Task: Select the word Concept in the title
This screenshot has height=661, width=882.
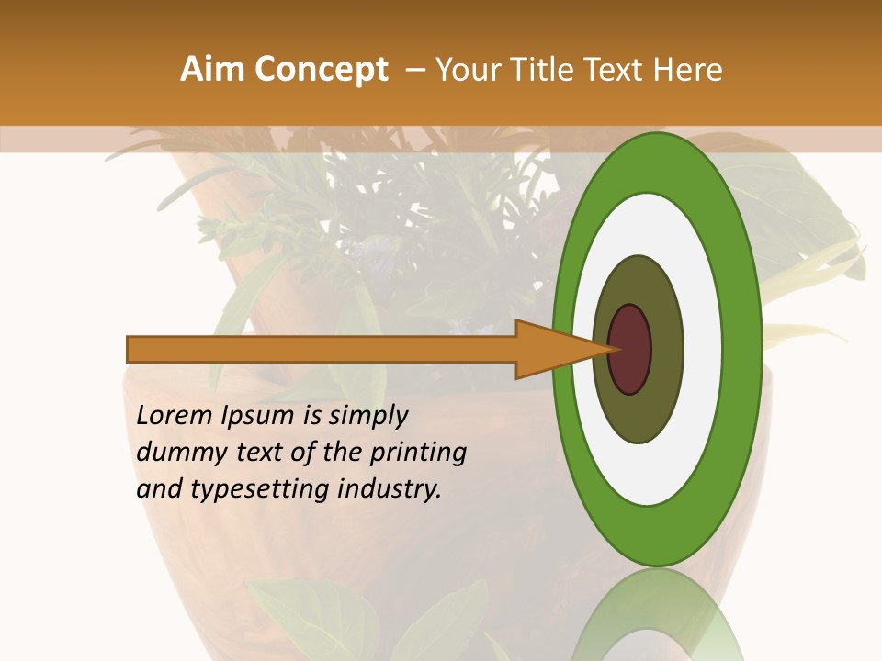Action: point(321,70)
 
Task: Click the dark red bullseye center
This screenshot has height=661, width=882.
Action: point(630,349)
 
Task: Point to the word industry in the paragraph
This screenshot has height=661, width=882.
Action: point(390,489)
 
